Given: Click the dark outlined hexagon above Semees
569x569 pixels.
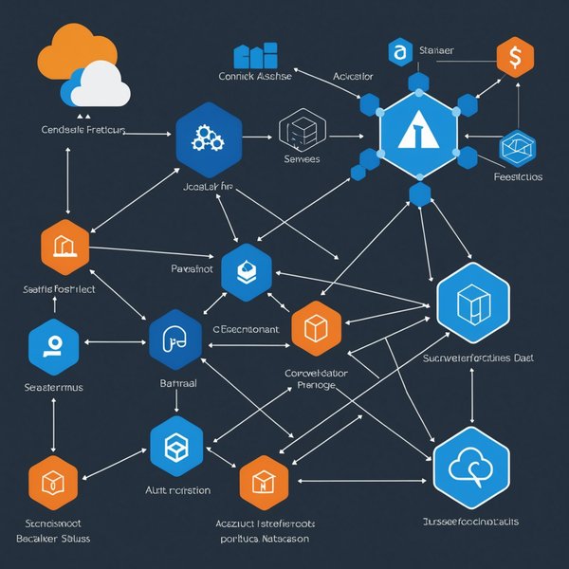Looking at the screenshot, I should coord(303,129).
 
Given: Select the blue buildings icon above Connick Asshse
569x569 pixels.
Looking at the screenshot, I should coord(255,56).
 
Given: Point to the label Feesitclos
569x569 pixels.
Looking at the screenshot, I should coord(518,176).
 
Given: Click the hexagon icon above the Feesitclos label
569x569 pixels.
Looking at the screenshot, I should coord(518,148).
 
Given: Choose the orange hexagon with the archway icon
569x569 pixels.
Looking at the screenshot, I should coord(65,248).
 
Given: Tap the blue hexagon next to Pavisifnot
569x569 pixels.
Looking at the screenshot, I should coord(247,272).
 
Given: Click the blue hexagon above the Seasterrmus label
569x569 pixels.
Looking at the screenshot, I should coord(53,344).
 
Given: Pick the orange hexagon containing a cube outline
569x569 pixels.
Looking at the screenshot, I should coord(316,327).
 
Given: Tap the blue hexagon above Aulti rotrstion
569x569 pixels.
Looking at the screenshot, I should coord(176,445).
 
